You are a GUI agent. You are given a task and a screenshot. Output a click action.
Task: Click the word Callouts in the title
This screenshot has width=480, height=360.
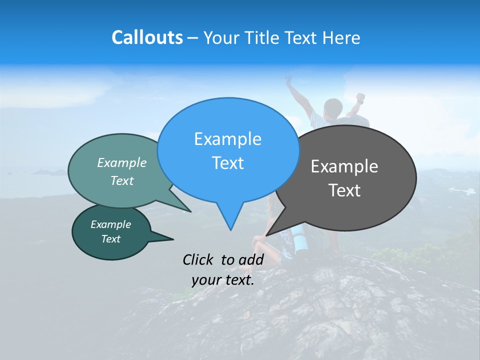click(147, 37)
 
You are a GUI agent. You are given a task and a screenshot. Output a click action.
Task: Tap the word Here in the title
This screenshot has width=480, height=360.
click(341, 38)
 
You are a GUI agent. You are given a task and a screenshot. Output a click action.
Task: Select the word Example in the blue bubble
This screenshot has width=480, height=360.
click(227, 139)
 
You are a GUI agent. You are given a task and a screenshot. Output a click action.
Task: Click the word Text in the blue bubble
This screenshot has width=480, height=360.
click(227, 163)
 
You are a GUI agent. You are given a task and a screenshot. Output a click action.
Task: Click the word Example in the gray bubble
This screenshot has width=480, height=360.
click(344, 166)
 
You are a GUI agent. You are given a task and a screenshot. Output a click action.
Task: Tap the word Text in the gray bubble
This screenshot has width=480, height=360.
click(344, 190)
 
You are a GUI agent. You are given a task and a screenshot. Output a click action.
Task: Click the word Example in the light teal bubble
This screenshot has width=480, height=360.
click(122, 162)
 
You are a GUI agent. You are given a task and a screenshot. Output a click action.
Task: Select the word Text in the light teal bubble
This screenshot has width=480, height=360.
click(122, 180)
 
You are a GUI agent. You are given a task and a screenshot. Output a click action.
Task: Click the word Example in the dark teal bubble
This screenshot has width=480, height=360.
click(110, 224)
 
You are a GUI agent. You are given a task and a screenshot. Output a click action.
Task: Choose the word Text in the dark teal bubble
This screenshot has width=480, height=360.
click(110, 239)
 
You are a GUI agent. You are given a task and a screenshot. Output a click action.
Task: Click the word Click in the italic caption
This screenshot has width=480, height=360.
click(199, 259)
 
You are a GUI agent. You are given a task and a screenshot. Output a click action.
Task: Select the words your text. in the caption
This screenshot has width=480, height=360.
click(222, 280)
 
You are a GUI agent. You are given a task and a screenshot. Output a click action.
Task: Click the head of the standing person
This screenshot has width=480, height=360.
click(332, 107)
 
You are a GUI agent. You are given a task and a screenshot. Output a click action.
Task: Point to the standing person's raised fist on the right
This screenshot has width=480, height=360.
click(360, 96)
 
